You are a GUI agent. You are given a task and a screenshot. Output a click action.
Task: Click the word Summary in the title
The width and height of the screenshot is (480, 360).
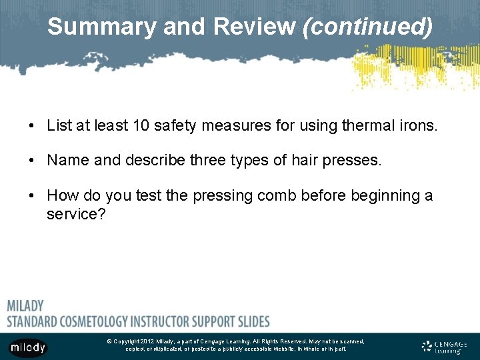click(88, 27)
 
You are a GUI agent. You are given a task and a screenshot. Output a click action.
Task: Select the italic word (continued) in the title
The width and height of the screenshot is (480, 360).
click(367, 27)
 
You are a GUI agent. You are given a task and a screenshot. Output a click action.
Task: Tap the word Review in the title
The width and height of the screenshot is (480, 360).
click(255, 27)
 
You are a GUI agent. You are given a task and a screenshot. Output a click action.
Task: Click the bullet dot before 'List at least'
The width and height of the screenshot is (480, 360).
click(31, 125)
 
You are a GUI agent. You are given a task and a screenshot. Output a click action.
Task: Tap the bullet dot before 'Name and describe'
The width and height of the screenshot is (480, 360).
click(31, 161)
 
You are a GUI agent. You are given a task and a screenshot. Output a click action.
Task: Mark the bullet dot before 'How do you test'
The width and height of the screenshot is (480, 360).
click(31, 196)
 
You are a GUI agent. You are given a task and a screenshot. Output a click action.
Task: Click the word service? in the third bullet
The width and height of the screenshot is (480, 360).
click(76, 215)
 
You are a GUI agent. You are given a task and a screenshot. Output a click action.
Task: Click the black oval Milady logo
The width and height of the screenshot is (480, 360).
click(28, 347)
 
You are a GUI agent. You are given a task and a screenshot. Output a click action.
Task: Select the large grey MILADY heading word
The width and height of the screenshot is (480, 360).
click(25, 306)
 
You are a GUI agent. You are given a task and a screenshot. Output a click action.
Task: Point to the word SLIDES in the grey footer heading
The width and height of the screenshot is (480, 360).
click(249, 321)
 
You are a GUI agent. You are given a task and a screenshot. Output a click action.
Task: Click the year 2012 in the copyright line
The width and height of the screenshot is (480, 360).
click(147, 341)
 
